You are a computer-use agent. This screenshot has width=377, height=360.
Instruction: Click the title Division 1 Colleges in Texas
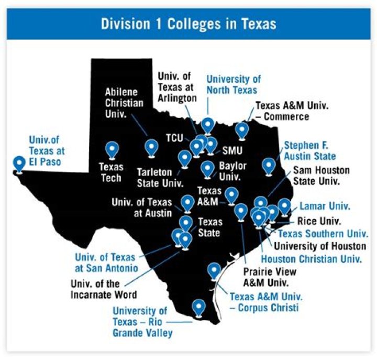coord(188,24)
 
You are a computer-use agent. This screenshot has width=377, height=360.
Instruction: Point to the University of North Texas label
coord(233,84)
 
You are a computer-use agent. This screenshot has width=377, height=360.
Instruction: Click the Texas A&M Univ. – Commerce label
coord(292,111)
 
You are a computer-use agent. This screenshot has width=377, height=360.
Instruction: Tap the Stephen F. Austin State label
coord(309,150)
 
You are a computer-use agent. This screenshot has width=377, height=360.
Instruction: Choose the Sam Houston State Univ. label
coord(321,176)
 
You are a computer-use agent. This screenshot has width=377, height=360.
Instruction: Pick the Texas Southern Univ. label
coord(323,234)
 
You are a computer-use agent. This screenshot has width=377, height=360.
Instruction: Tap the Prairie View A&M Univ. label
coord(270,278)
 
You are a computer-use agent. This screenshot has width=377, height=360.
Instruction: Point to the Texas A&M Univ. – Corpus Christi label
coord(266,302)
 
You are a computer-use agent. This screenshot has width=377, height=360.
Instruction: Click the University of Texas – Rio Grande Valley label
coord(142,322)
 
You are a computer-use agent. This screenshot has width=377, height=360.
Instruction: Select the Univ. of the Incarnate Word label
coord(104,289)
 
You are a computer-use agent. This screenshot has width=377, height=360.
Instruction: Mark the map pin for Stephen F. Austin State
coord(269,166)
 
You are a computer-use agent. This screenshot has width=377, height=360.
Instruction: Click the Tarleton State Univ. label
coord(160,177)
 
